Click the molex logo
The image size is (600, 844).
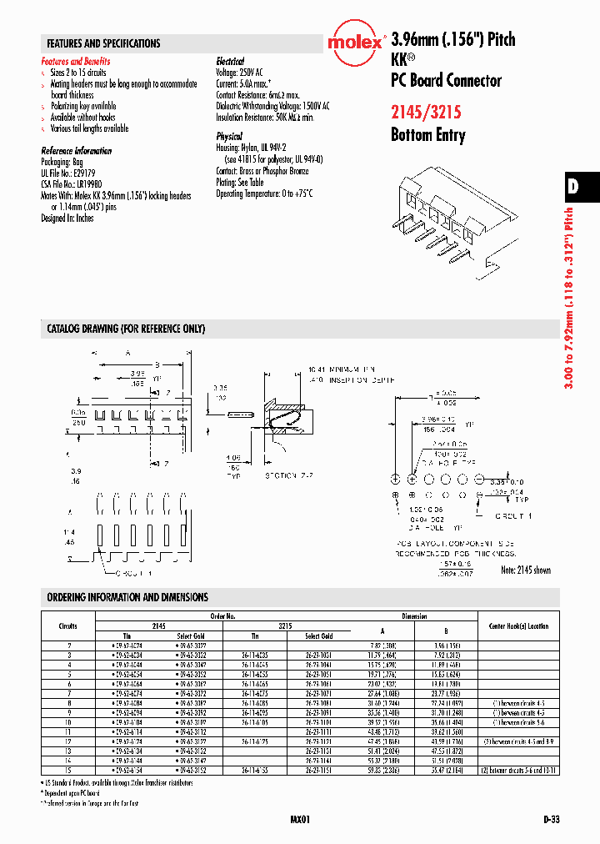coord(356,44)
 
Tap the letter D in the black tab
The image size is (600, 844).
coord(573,187)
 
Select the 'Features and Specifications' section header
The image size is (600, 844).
coord(103,43)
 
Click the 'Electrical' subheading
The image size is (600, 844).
coord(230,62)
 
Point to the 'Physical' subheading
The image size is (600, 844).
coord(229,136)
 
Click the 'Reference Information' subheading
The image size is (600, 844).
coord(76,151)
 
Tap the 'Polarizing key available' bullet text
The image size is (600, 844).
coord(82,107)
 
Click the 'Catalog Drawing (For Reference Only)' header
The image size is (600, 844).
coord(126,329)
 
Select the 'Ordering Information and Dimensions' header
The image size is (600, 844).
coord(127,597)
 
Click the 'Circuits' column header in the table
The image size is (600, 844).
coord(68,626)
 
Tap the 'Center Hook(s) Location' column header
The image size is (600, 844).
coord(514,625)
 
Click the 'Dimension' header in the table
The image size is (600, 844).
coord(413,616)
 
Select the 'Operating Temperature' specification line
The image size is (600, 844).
coord(264,193)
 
